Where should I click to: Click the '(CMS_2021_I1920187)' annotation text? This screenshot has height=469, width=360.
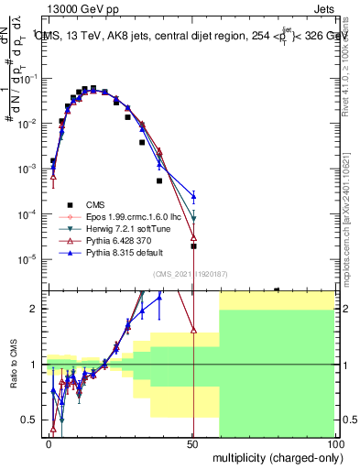pos(191,274)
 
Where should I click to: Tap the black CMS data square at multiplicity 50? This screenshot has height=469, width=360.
pos(193,245)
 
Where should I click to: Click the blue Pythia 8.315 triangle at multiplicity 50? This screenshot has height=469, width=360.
pos(193,195)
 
